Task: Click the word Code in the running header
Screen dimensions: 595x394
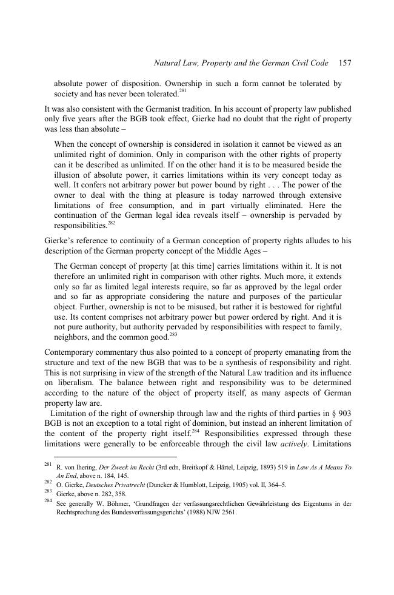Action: coord(319,62)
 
